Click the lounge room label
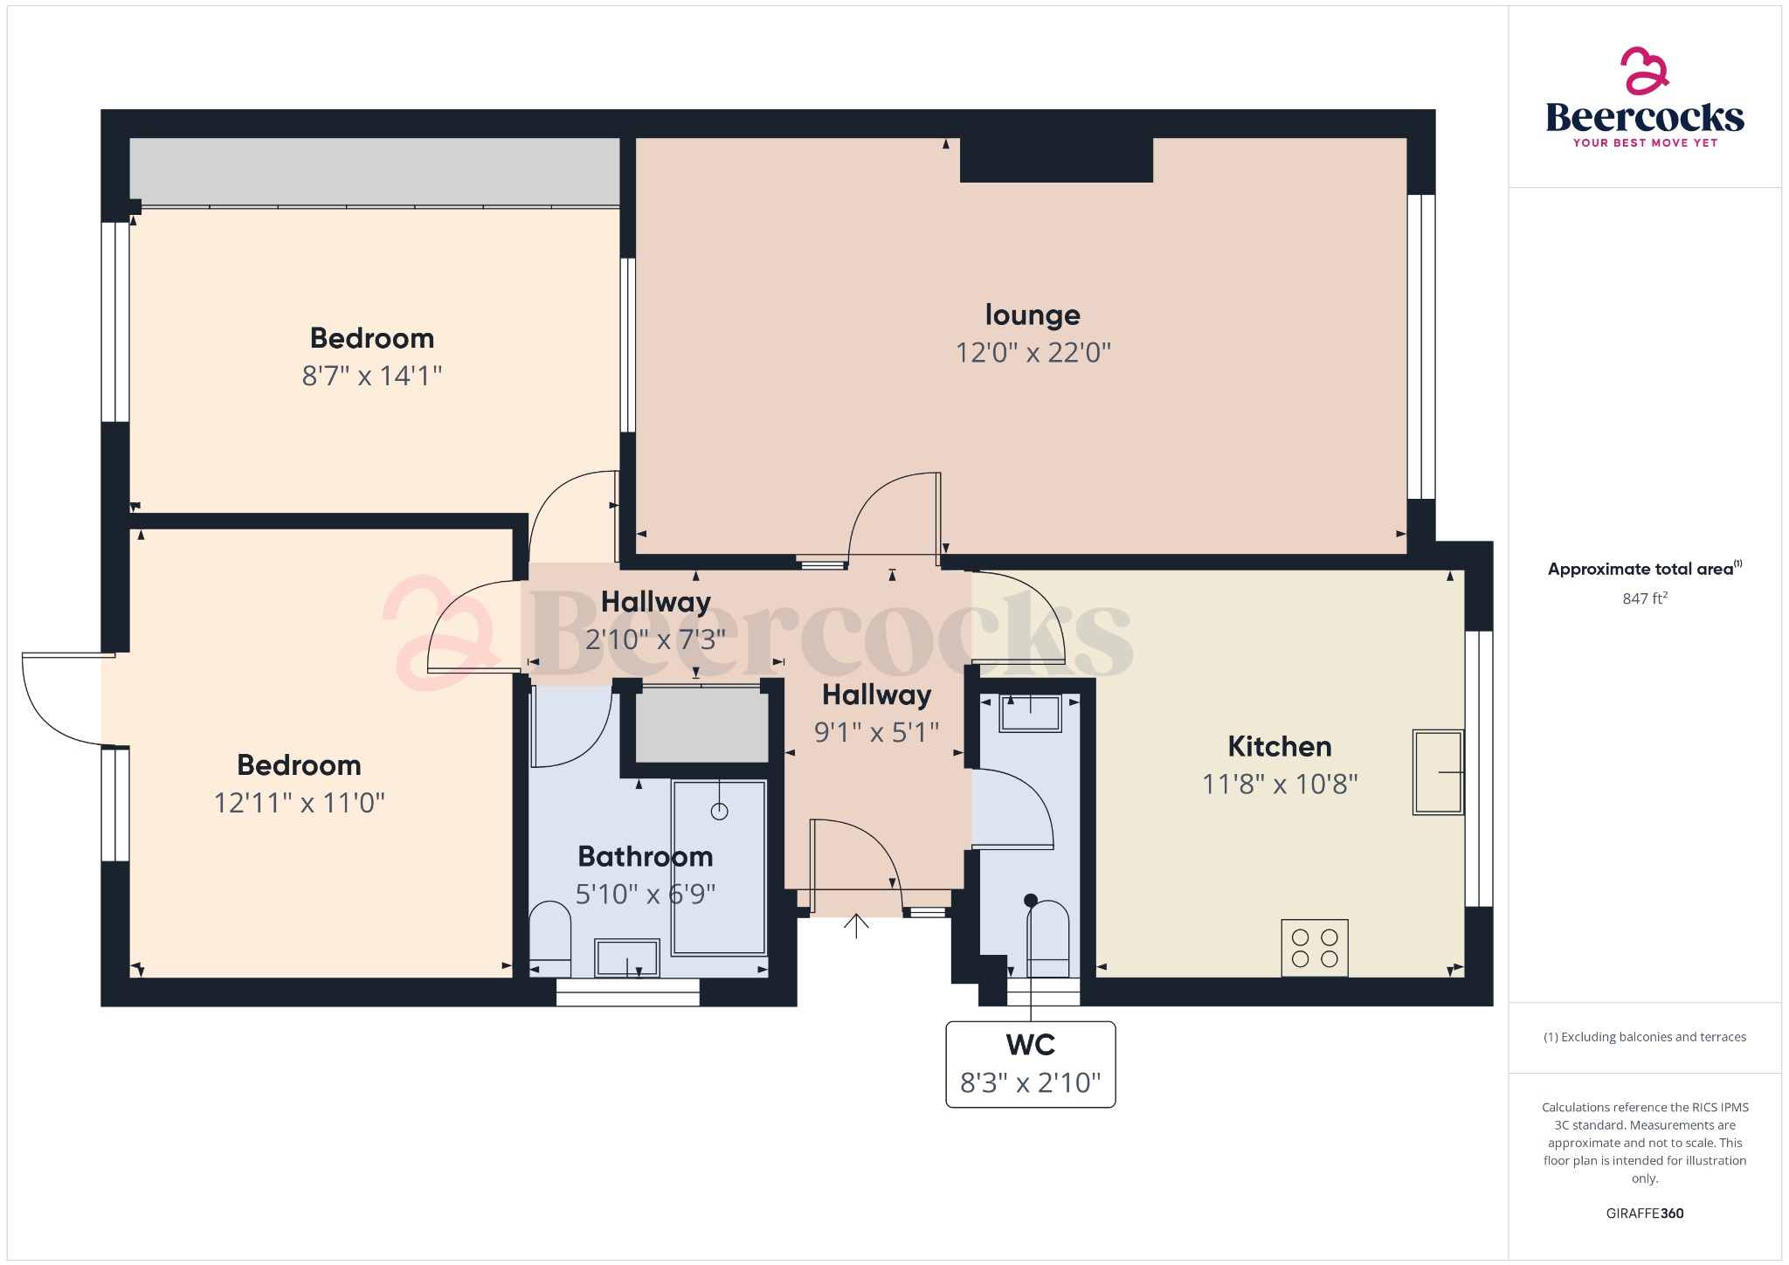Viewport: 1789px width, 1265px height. (x=1033, y=315)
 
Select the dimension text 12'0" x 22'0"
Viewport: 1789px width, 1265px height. (x=1033, y=353)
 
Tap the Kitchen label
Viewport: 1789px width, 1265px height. (x=1279, y=746)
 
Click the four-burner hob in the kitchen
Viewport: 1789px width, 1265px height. (x=1315, y=947)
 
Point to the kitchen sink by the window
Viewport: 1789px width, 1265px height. (x=1438, y=772)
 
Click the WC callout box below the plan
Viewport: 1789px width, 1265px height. (x=1030, y=1064)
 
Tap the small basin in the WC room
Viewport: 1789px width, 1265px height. (x=1031, y=713)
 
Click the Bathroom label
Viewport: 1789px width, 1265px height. (x=645, y=856)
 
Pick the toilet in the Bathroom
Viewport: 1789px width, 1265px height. (x=550, y=940)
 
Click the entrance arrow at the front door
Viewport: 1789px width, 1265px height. (x=856, y=926)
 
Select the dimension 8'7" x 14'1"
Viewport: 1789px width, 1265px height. (x=372, y=377)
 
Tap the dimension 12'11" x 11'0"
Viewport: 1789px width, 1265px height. (x=300, y=803)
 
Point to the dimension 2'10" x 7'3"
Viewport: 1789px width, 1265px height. (x=655, y=640)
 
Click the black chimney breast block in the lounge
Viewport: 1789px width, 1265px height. (x=1056, y=160)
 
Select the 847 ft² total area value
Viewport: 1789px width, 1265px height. (x=1644, y=598)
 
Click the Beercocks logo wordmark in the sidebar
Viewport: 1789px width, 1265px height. (x=1644, y=117)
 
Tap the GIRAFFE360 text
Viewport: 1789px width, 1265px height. (x=1644, y=1213)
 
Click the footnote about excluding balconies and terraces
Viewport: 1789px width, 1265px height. (x=1644, y=1037)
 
